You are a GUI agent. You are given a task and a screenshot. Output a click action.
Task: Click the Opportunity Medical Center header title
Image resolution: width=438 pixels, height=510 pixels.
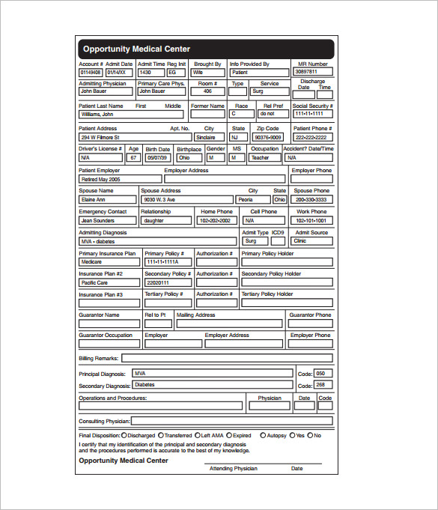136,49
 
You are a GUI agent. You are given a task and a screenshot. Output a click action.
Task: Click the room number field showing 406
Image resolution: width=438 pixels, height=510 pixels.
207,91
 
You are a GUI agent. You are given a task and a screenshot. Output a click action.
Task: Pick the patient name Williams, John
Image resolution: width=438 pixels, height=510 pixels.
130,115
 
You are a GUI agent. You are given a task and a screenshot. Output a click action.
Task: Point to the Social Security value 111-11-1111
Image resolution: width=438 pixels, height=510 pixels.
312,115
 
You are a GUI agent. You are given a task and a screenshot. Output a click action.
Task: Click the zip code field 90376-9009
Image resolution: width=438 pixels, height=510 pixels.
268,137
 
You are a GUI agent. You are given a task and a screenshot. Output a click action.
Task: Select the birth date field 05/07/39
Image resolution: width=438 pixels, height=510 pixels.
157,158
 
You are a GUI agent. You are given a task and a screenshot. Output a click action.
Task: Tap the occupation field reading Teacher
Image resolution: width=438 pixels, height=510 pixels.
265,158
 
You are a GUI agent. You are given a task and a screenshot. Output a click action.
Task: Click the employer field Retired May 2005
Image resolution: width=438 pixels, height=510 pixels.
120,180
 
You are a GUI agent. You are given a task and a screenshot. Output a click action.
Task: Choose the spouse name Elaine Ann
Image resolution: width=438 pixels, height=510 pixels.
108,200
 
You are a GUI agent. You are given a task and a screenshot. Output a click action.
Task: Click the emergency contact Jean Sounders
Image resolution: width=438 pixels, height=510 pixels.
108,221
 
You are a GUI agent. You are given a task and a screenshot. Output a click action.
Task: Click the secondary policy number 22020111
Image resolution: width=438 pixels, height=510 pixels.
167,283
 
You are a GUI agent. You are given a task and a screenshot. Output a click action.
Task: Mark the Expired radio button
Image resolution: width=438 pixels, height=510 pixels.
229,435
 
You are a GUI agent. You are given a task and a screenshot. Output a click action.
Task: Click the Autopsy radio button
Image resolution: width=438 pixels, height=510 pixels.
263,435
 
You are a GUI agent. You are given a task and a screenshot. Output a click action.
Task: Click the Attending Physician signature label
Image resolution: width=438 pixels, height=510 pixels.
233,468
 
